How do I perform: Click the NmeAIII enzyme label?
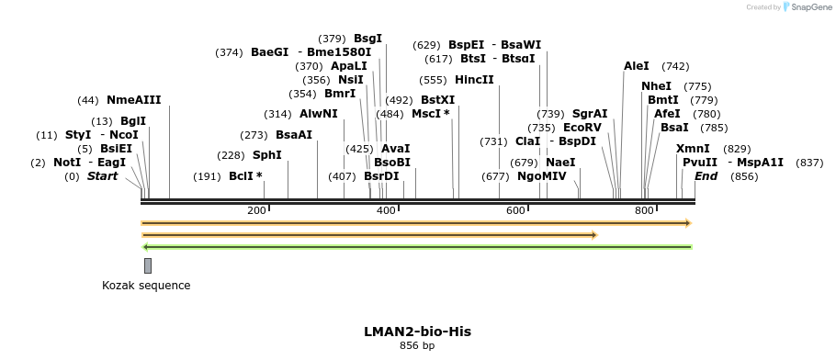(x=133, y=100)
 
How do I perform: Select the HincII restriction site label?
(x=474, y=80)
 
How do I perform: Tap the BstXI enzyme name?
(x=437, y=100)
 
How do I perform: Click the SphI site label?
(x=266, y=155)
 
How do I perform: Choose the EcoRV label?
(x=582, y=128)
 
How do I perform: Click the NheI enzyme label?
(x=656, y=86)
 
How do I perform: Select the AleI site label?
(x=636, y=66)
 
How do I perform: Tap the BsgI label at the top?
(x=367, y=39)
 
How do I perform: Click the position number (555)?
(x=433, y=80)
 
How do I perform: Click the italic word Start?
(x=102, y=176)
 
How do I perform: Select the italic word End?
(x=706, y=176)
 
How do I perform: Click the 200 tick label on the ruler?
(x=257, y=211)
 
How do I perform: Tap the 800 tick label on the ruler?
(x=644, y=211)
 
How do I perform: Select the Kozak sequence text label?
(x=146, y=286)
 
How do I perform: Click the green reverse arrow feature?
(x=416, y=246)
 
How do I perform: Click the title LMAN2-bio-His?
(x=417, y=331)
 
